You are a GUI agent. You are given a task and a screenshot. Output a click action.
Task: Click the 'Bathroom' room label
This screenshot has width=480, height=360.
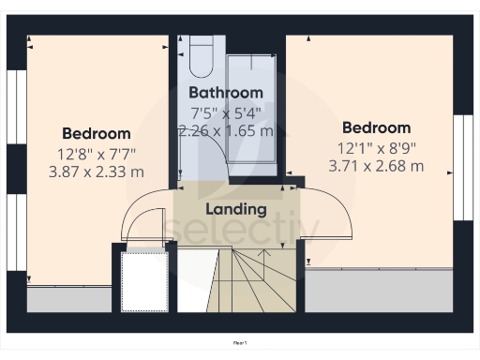coord(225,93)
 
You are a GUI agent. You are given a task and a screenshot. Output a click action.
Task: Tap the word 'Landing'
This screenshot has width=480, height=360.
coord(236,209)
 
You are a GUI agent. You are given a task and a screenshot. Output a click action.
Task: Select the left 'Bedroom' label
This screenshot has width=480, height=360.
coord(96,133)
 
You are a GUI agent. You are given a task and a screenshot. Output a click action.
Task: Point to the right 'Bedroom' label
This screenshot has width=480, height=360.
coord(376,127)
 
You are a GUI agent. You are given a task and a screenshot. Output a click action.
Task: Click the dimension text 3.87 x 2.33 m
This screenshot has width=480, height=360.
coord(96,172)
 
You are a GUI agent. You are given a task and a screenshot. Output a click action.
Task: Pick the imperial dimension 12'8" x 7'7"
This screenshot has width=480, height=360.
coord(96,153)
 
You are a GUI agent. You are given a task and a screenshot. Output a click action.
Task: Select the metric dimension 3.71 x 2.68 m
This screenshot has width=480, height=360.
coord(376,166)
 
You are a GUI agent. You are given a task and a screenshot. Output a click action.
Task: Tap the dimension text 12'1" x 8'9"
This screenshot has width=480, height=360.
coord(376,147)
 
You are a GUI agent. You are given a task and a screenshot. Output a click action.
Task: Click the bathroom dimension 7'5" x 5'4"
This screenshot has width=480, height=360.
coord(225,112)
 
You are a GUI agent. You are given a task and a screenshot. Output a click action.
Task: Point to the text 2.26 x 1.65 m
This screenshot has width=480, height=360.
coord(226,131)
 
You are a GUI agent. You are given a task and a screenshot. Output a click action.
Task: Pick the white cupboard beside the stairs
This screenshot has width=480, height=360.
coord(145,280)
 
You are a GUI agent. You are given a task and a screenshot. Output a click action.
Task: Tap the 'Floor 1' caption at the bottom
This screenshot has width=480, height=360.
coord(240,344)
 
